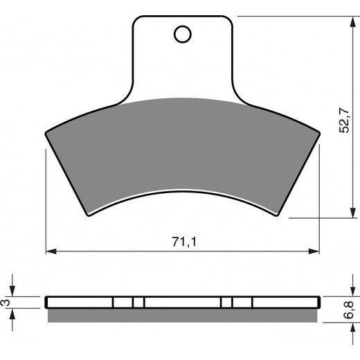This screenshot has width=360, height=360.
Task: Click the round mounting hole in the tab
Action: coord(183,33)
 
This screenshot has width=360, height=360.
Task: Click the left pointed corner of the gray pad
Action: coord(46,132)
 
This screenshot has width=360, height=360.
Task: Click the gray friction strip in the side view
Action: coord(183,316)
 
